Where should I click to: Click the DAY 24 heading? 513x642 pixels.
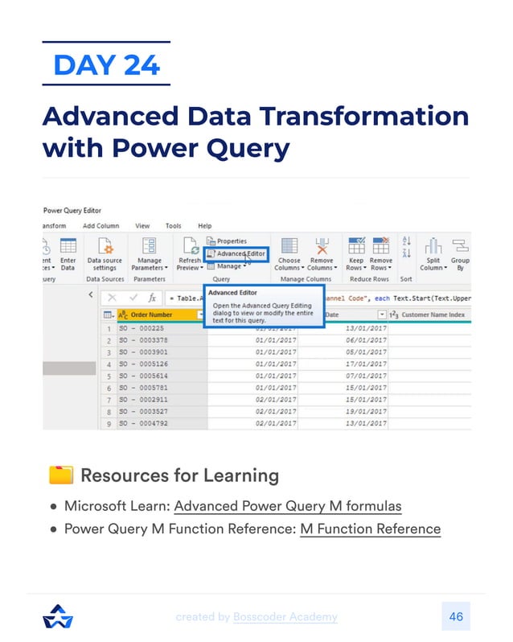106,64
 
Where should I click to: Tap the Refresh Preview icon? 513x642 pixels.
190,246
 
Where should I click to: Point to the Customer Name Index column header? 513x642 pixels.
433,315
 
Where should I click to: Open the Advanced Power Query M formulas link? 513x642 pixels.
287,506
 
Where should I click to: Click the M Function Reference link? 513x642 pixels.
370,529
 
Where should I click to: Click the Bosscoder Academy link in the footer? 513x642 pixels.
285,617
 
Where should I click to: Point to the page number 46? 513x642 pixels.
456,617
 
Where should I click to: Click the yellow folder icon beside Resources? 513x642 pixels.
61,475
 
